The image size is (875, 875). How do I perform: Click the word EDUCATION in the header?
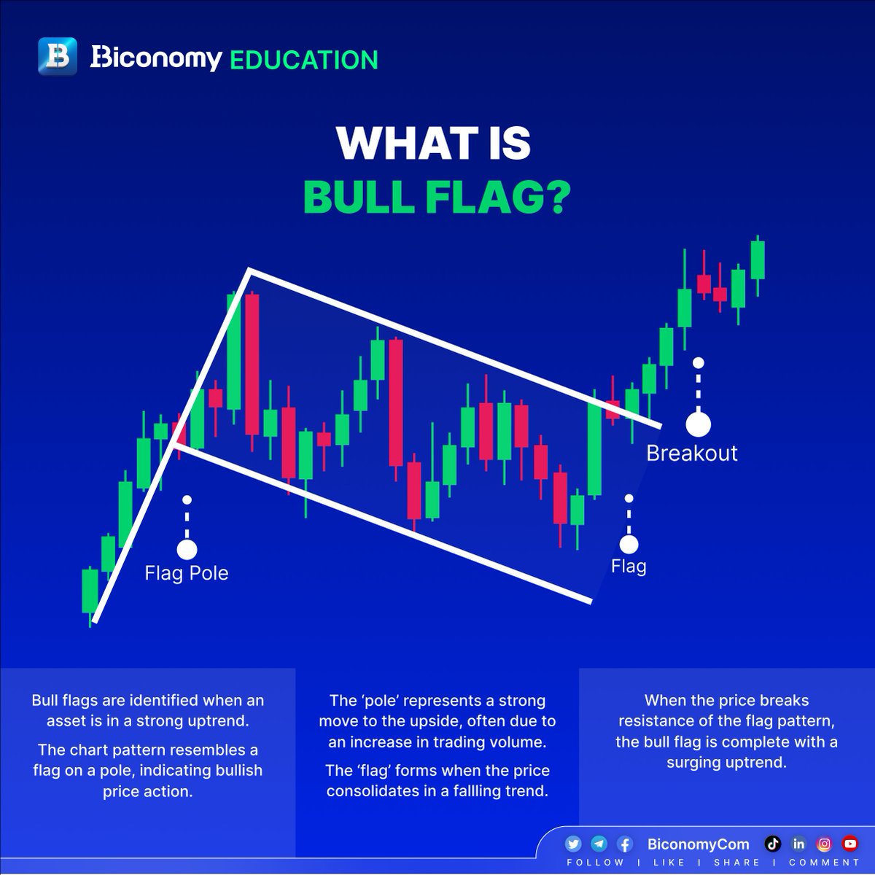pos(303,59)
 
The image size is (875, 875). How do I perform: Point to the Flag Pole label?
pos(187,573)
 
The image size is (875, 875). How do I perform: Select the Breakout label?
pos(691,453)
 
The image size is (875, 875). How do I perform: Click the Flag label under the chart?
pos(629,567)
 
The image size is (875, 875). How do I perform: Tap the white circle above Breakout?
pos(699,424)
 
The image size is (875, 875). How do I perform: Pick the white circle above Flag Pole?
pos(187,549)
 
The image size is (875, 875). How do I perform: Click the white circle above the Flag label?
pos(629,544)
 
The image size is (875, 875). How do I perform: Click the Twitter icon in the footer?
pos(573,844)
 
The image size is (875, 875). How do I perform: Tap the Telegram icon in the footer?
pos(599,844)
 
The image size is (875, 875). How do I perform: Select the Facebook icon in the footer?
pos(624,844)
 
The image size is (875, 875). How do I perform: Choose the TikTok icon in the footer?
pos(773,844)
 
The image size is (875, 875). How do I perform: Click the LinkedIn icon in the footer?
pos(798,844)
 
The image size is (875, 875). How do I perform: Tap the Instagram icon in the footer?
pos(824,844)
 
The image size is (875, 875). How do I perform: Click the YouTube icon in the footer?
pos(849,844)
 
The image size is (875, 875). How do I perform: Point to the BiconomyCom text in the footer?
pos(698,844)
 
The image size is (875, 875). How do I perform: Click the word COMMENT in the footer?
pos(824,863)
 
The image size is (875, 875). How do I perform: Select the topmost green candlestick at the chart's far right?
pos(758,260)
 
